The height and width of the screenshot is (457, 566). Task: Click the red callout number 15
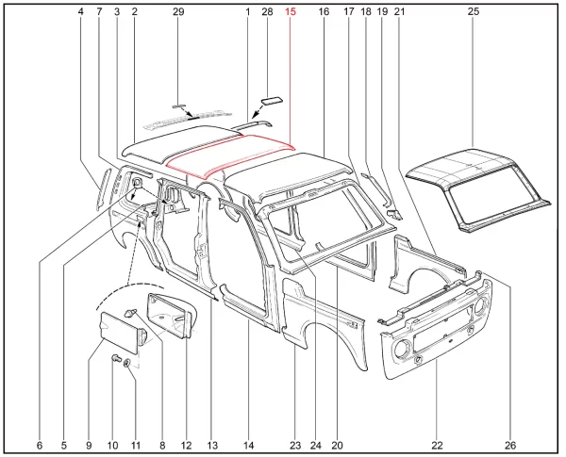click(x=291, y=12)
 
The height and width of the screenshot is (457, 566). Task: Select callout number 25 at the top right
click(x=474, y=12)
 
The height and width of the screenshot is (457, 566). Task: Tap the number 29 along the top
click(x=178, y=12)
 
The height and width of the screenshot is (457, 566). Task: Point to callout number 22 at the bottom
click(x=437, y=446)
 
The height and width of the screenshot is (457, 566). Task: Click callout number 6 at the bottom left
click(x=40, y=446)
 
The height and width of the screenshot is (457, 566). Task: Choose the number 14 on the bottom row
click(x=248, y=446)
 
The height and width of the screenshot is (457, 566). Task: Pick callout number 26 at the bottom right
click(x=510, y=446)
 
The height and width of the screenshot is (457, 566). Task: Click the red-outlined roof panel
click(x=231, y=155)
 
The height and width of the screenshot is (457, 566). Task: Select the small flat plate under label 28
click(x=272, y=101)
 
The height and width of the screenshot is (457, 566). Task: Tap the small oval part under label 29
click(x=177, y=106)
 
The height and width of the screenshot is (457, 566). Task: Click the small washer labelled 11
click(x=127, y=363)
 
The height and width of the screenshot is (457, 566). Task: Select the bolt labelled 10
click(x=115, y=358)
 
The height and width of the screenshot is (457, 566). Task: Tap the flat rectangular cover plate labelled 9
click(x=119, y=333)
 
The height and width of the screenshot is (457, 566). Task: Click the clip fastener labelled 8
click(x=129, y=313)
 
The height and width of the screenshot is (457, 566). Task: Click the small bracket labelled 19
click(x=394, y=215)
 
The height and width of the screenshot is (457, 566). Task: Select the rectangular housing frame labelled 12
click(x=170, y=315)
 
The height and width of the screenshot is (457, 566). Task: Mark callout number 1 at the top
click(x=247, y=12)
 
